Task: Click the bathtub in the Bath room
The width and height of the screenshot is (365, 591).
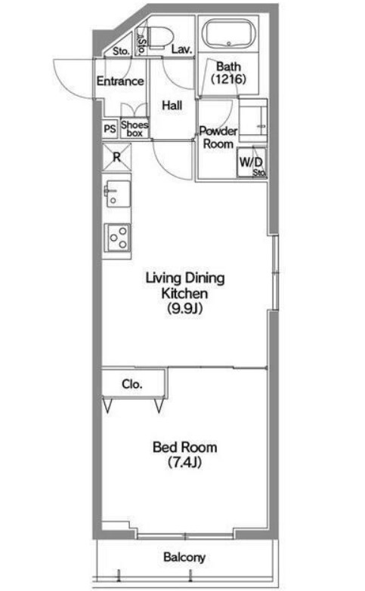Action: (229, 33)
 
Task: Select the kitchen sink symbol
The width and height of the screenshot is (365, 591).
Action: (117, 193)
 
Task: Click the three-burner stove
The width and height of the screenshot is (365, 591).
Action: (118, 238)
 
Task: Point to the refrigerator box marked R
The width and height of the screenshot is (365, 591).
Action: (116, 157)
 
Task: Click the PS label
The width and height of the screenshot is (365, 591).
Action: (110, 129)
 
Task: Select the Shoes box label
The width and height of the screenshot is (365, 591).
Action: (135, 129)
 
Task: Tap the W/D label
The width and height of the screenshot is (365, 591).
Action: (251, 162)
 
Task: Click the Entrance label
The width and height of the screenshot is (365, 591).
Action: (120, 81)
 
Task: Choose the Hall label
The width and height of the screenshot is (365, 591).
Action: (172, 105)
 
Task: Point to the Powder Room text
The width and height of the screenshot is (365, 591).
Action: (218, 137)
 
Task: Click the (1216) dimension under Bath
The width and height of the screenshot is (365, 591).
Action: (228, 78)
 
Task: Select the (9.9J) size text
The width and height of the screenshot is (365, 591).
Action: (185, 309)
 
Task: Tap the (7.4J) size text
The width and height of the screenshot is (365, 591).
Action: (184, 462)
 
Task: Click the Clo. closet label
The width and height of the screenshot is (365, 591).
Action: (132, 384)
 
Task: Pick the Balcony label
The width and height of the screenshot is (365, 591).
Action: (184, 558)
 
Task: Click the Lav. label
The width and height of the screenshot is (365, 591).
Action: (182, 49)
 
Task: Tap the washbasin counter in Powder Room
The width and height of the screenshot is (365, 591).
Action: (253, 121)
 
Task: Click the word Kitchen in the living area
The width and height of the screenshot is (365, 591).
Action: (184, 294)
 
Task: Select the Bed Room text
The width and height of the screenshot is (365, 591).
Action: (184, 448)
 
